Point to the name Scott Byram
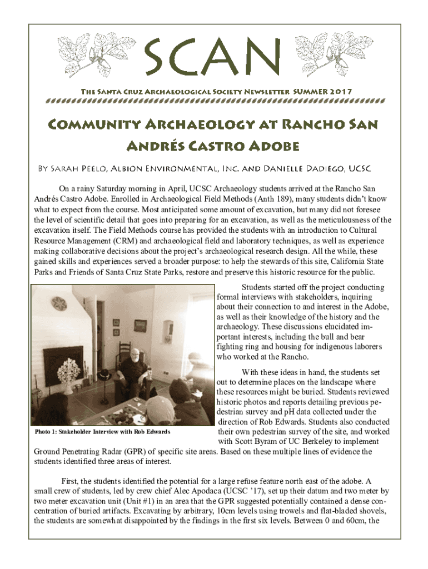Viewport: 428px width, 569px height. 252,442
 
